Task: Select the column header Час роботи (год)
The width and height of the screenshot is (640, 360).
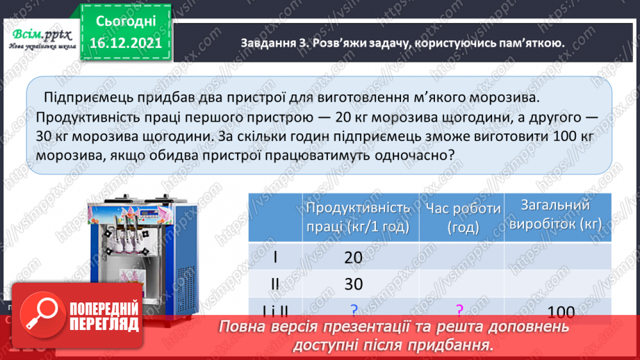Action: click(463, 217)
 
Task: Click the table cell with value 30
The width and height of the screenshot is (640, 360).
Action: click(353, 285)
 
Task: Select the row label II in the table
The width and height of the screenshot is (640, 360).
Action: click(275, 285)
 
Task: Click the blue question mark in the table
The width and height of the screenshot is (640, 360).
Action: click(354, 310)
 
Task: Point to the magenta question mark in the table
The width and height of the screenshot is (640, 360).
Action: click(459, 310)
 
